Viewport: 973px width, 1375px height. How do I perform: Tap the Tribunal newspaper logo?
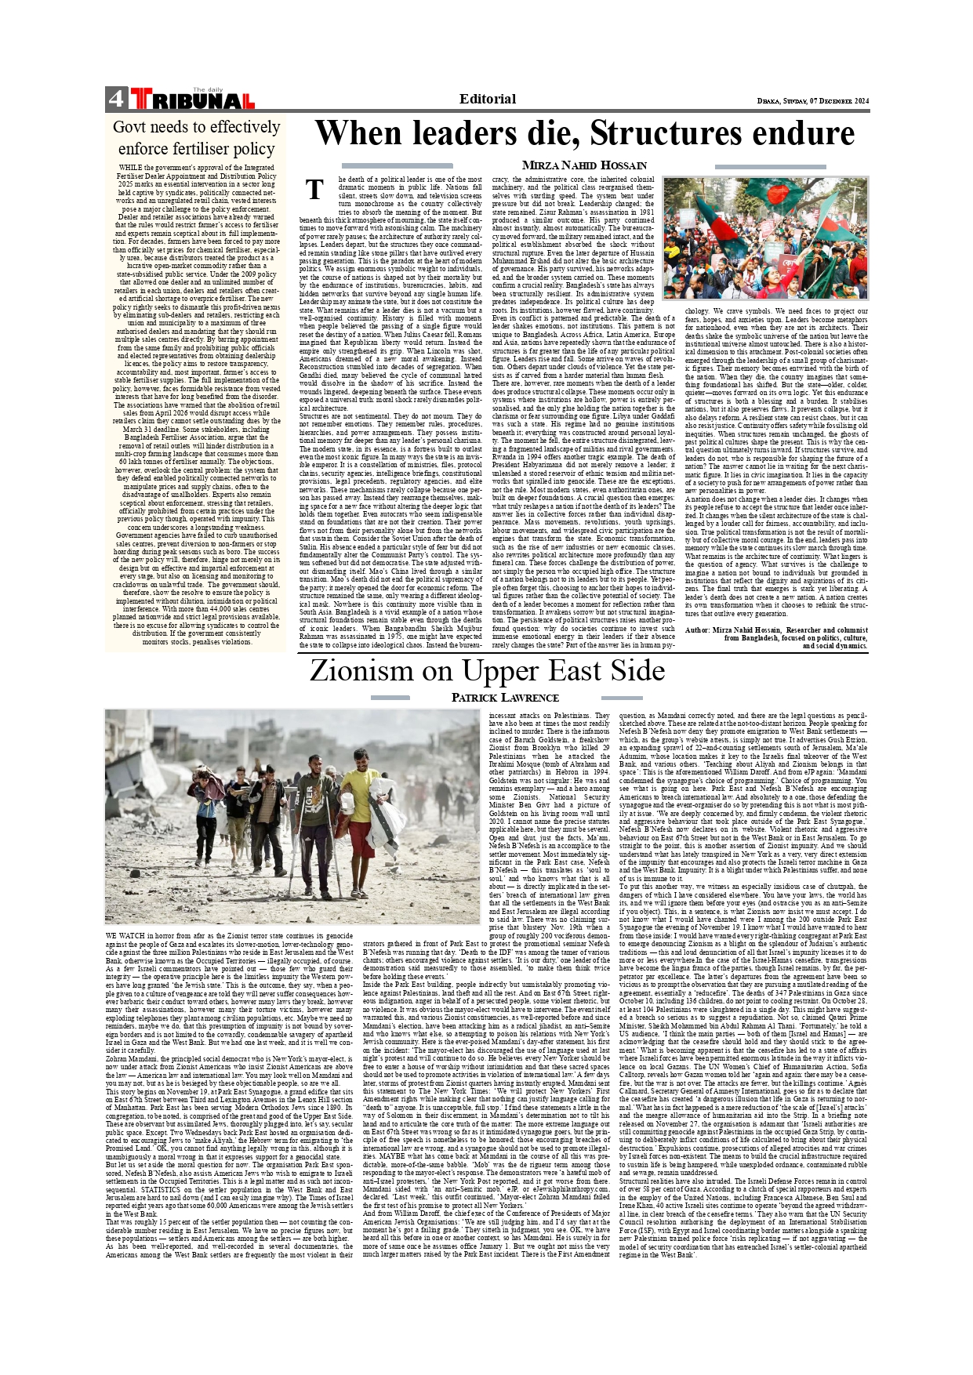click(193, 99)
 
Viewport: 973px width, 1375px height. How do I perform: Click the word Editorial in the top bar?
click(487, 99)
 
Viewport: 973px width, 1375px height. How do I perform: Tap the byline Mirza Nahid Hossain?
click(584, 165)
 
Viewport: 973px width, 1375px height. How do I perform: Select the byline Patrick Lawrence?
click(505, 698)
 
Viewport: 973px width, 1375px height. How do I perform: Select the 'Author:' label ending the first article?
click(697, 630)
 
